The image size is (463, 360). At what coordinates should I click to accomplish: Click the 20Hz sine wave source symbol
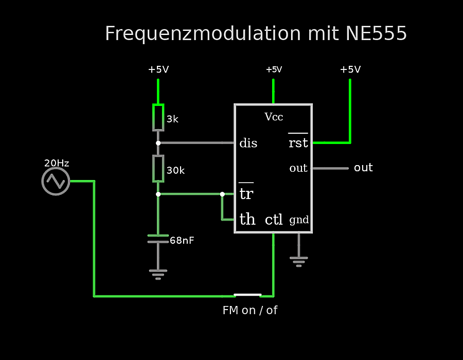click(x=56, y=181)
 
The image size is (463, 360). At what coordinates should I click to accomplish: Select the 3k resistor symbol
click(x=158, y=118)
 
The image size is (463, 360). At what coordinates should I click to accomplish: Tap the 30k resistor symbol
click(x=158, y=168)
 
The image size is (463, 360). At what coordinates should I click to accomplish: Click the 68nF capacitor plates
click(x=158, y=239)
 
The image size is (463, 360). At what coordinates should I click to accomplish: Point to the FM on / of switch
click(x=247, y=295)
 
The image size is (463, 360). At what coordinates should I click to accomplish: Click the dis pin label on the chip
click(x=248, y=143)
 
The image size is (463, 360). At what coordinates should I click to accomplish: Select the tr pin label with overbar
click(x=246, y=193)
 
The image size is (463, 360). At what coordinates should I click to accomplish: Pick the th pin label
click(x=247, y=220)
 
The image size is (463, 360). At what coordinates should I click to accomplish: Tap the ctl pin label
click(x=274, y=220)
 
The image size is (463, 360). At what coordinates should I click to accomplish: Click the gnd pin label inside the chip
click(x=299, y=220)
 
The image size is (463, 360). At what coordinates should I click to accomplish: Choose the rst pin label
click(x=298, y=142)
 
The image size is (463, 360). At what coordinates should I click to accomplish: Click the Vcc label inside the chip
click(x=274, y=117)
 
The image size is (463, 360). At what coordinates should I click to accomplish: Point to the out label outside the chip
click(x=363, y=168)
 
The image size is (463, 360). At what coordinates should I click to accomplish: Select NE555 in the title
click(x=376, y=33)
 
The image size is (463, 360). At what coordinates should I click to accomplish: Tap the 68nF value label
click(x=182, y=240)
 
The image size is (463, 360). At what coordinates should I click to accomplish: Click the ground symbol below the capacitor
click(x=158, y=274)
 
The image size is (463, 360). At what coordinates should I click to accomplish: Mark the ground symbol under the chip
click(x=299, y=261)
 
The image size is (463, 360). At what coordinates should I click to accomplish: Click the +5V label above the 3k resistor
click(x=158, y=69)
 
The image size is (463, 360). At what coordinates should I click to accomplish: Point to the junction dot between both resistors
click(x=158, y=143)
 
